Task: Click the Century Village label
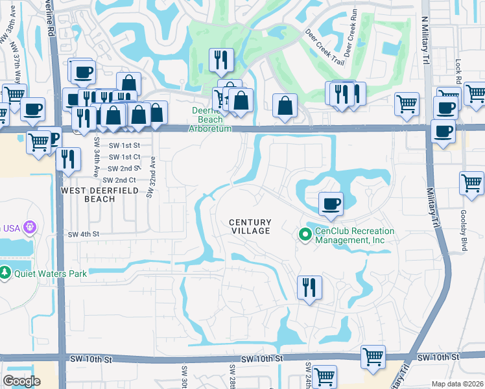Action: tap(250, 226)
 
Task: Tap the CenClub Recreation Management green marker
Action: tap(303, 234)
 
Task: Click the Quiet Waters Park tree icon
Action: tap(6, 272)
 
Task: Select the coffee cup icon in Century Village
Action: tap(330, 204)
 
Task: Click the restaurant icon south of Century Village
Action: tap(309, 287)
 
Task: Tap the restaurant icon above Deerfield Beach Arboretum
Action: tap(221, 60)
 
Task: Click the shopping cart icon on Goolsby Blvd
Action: tap(471, 182)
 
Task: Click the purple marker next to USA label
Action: tap(28, 228)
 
